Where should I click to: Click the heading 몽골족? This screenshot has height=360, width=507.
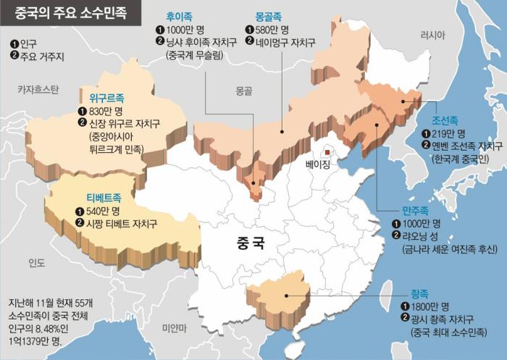(269, 15)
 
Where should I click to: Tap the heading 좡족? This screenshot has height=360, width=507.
(419, 292)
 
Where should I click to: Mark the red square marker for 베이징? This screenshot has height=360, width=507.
(327, 152)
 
